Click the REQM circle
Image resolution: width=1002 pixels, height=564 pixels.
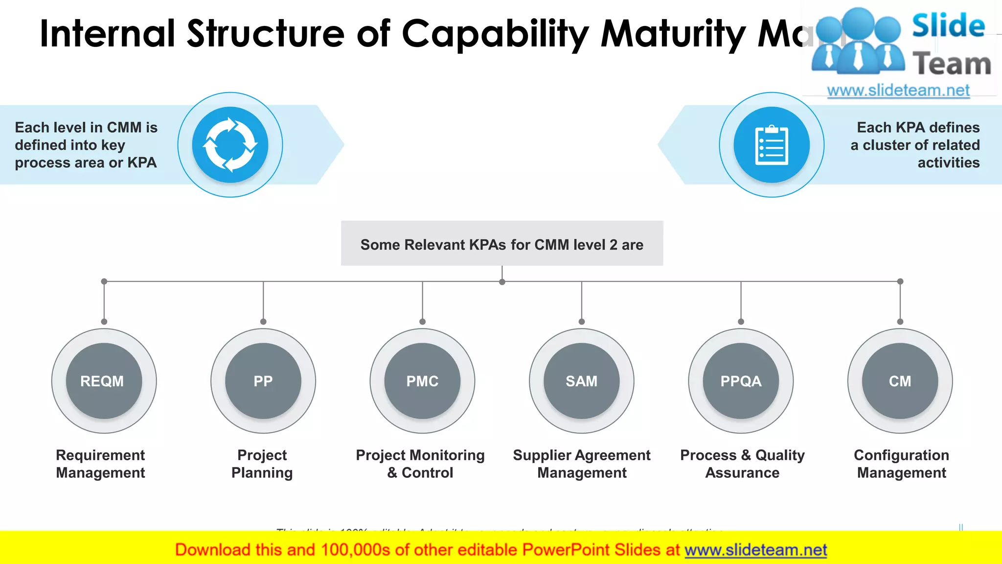pyautogui.click(x=104, y=381)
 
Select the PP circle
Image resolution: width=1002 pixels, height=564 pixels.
pyautogui.click(x=263, y=381)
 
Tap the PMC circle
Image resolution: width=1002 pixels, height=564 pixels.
pyautogui.click(x=422, y=381)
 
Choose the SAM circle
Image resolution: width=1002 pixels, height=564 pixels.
pyautogui.click(x=581, y=381)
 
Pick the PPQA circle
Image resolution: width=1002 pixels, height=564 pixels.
pyautogui.click(x=741, y=381)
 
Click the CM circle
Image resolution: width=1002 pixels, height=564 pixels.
pyautogui.click(x=900, y=381)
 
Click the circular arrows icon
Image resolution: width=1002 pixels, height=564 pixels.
pyautogui.click(x=230, y=145)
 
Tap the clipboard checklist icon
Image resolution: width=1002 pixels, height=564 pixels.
pyautogui.click(x=772, y=145)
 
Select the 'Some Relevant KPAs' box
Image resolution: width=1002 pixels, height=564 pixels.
pyautogui.click(x=502, y=244)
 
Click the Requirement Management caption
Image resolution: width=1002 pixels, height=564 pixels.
pyautogui.click(x=100, y=464)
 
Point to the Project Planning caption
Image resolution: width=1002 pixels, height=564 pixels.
pyautogui.click(x=262, y=464)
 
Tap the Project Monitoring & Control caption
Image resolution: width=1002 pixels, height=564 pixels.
pyautogui.click(x=420, y=464)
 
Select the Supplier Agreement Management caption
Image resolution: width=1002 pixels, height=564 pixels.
pyautogui.click(x=582, y=464)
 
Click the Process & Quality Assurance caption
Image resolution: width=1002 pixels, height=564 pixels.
pyautogui.click(x=742, y=464)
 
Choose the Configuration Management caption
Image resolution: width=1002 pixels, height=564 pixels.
pyautogui.click(x=901, y=464)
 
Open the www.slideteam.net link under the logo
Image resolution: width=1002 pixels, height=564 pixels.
pyautogui.click(x=898, y=91)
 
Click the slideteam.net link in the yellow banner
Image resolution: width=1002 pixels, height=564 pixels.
pyautogui.click(x=755, y=550)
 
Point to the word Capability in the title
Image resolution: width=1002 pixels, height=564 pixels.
pyautogui.click(x=495, y=34)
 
